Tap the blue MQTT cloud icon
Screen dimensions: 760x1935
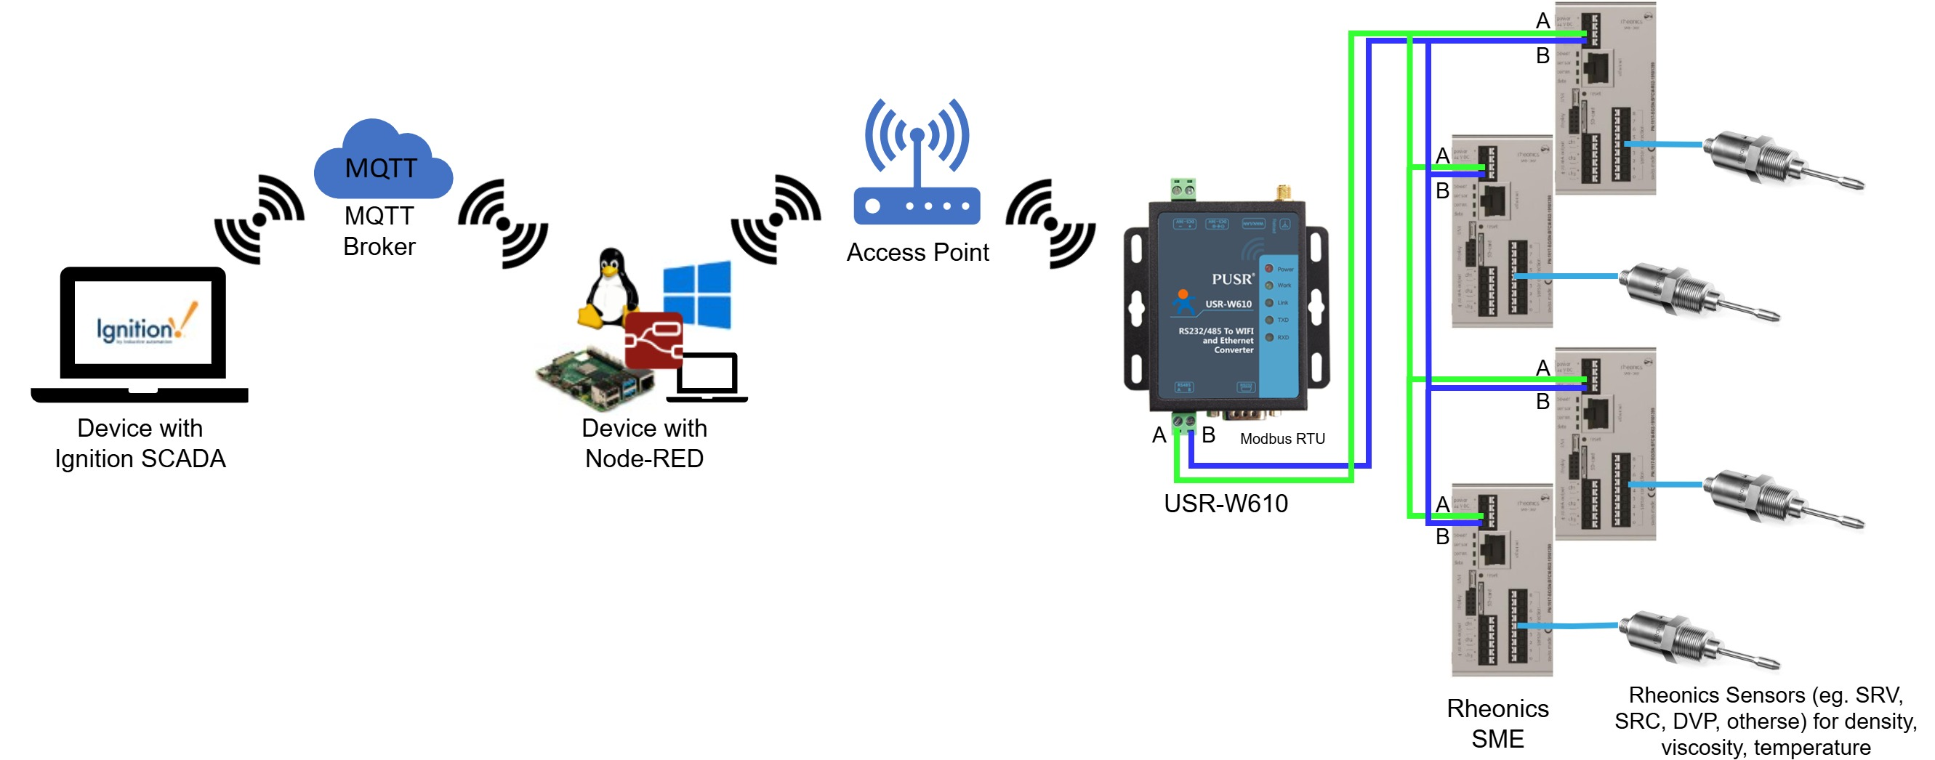382,161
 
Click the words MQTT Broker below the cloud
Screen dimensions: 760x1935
379,231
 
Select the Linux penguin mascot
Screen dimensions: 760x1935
610,289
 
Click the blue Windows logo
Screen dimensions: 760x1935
697,294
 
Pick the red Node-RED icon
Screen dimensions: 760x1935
653,339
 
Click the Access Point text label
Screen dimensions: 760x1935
917,252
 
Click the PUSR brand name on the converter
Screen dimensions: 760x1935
1232,278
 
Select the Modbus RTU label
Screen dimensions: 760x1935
1282,439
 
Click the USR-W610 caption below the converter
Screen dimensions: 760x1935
1225,504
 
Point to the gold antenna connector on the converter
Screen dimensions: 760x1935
1284,193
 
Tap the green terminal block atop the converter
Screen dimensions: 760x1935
1183,188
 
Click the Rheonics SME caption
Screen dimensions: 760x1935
1497,723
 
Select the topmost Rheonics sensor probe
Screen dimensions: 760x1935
1780,161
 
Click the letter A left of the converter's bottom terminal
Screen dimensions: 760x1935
1159,434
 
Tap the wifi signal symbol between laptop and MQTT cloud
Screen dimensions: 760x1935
260,219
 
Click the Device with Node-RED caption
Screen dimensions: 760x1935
645,443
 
